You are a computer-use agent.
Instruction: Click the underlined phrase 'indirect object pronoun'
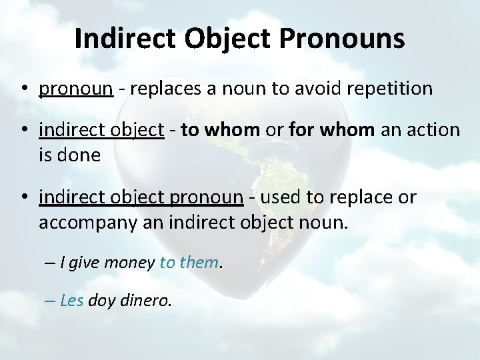[x=141, y=198]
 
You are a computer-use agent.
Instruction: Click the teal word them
[x=199, y=263]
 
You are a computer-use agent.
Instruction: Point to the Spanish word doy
[x=101, y=301]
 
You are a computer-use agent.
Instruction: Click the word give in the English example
[x=85, y=263]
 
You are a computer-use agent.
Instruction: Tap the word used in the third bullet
[x=274, y=198]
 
